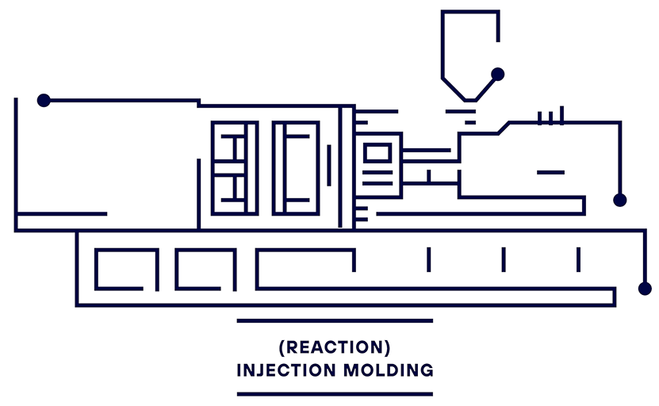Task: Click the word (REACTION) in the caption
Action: pyautogui.click(x=335, y=348)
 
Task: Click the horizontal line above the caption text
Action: pyautogui.click(x=335, y=321)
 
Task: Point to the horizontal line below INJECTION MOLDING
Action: pyautogui.click(x=335, y=393)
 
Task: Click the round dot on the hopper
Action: pyautogui.click(x=497, y=74)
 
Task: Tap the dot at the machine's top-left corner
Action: pyautogui.click(x=44, y=100)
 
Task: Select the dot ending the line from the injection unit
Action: pyautogui.click(x=619, y=200)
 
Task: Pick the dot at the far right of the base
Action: pyautogui.click(x=645, y=288)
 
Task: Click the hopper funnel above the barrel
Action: pyautogui.click(x=469, y=52)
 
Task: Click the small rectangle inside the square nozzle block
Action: pyautogui.click(x=377, y=151)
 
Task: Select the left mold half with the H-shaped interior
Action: pyautogui.click(x=234, y=167)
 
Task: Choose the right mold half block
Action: pyautogui.click(x=295, y=167)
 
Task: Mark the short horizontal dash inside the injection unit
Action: pyautogui.click(x=550, y=172)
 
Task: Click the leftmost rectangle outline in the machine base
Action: pyautogui.click(x=126, y=270)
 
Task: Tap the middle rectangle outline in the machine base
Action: pyautogui.click(x=205, y=270)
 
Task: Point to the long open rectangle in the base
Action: pyautogui.click(x=305, y=270)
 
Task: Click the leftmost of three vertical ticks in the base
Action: pyautogui.click(x=428, y=259)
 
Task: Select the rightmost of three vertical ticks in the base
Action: pyautogui.click(x=578, y=259)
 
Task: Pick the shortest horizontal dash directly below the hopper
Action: pyautogui.click(x=469, y=122)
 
